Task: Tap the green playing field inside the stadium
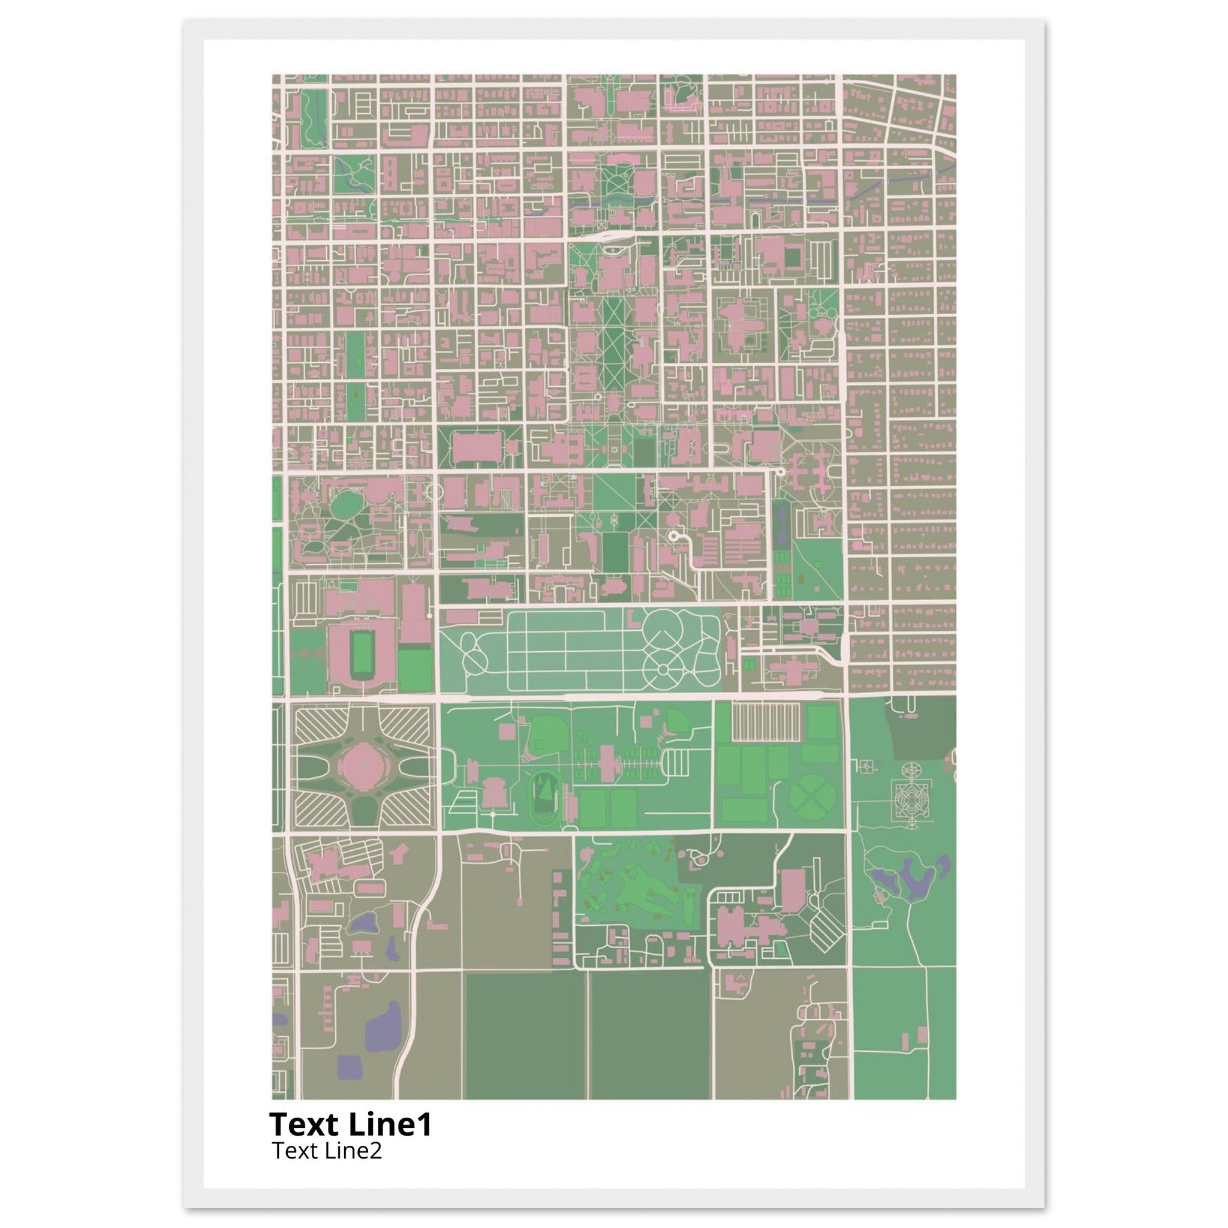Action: click(x=363, y=652)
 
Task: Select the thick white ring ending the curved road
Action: click(x=673, y=537)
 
